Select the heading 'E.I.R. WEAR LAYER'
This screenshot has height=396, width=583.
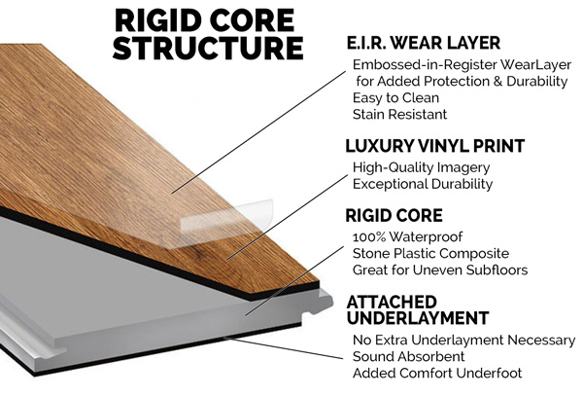pyautogui.click(x=424, y=43)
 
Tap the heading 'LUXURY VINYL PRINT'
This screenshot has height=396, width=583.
pyautogui.click(x=434, y=146)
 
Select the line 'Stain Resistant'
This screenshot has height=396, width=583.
pyautogui.click(x=399, y=114)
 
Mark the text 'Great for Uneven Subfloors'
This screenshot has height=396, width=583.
pyautogui.click(x=440, y=269)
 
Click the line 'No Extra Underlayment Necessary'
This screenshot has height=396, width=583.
pyautogui.click(x=463, y=340)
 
